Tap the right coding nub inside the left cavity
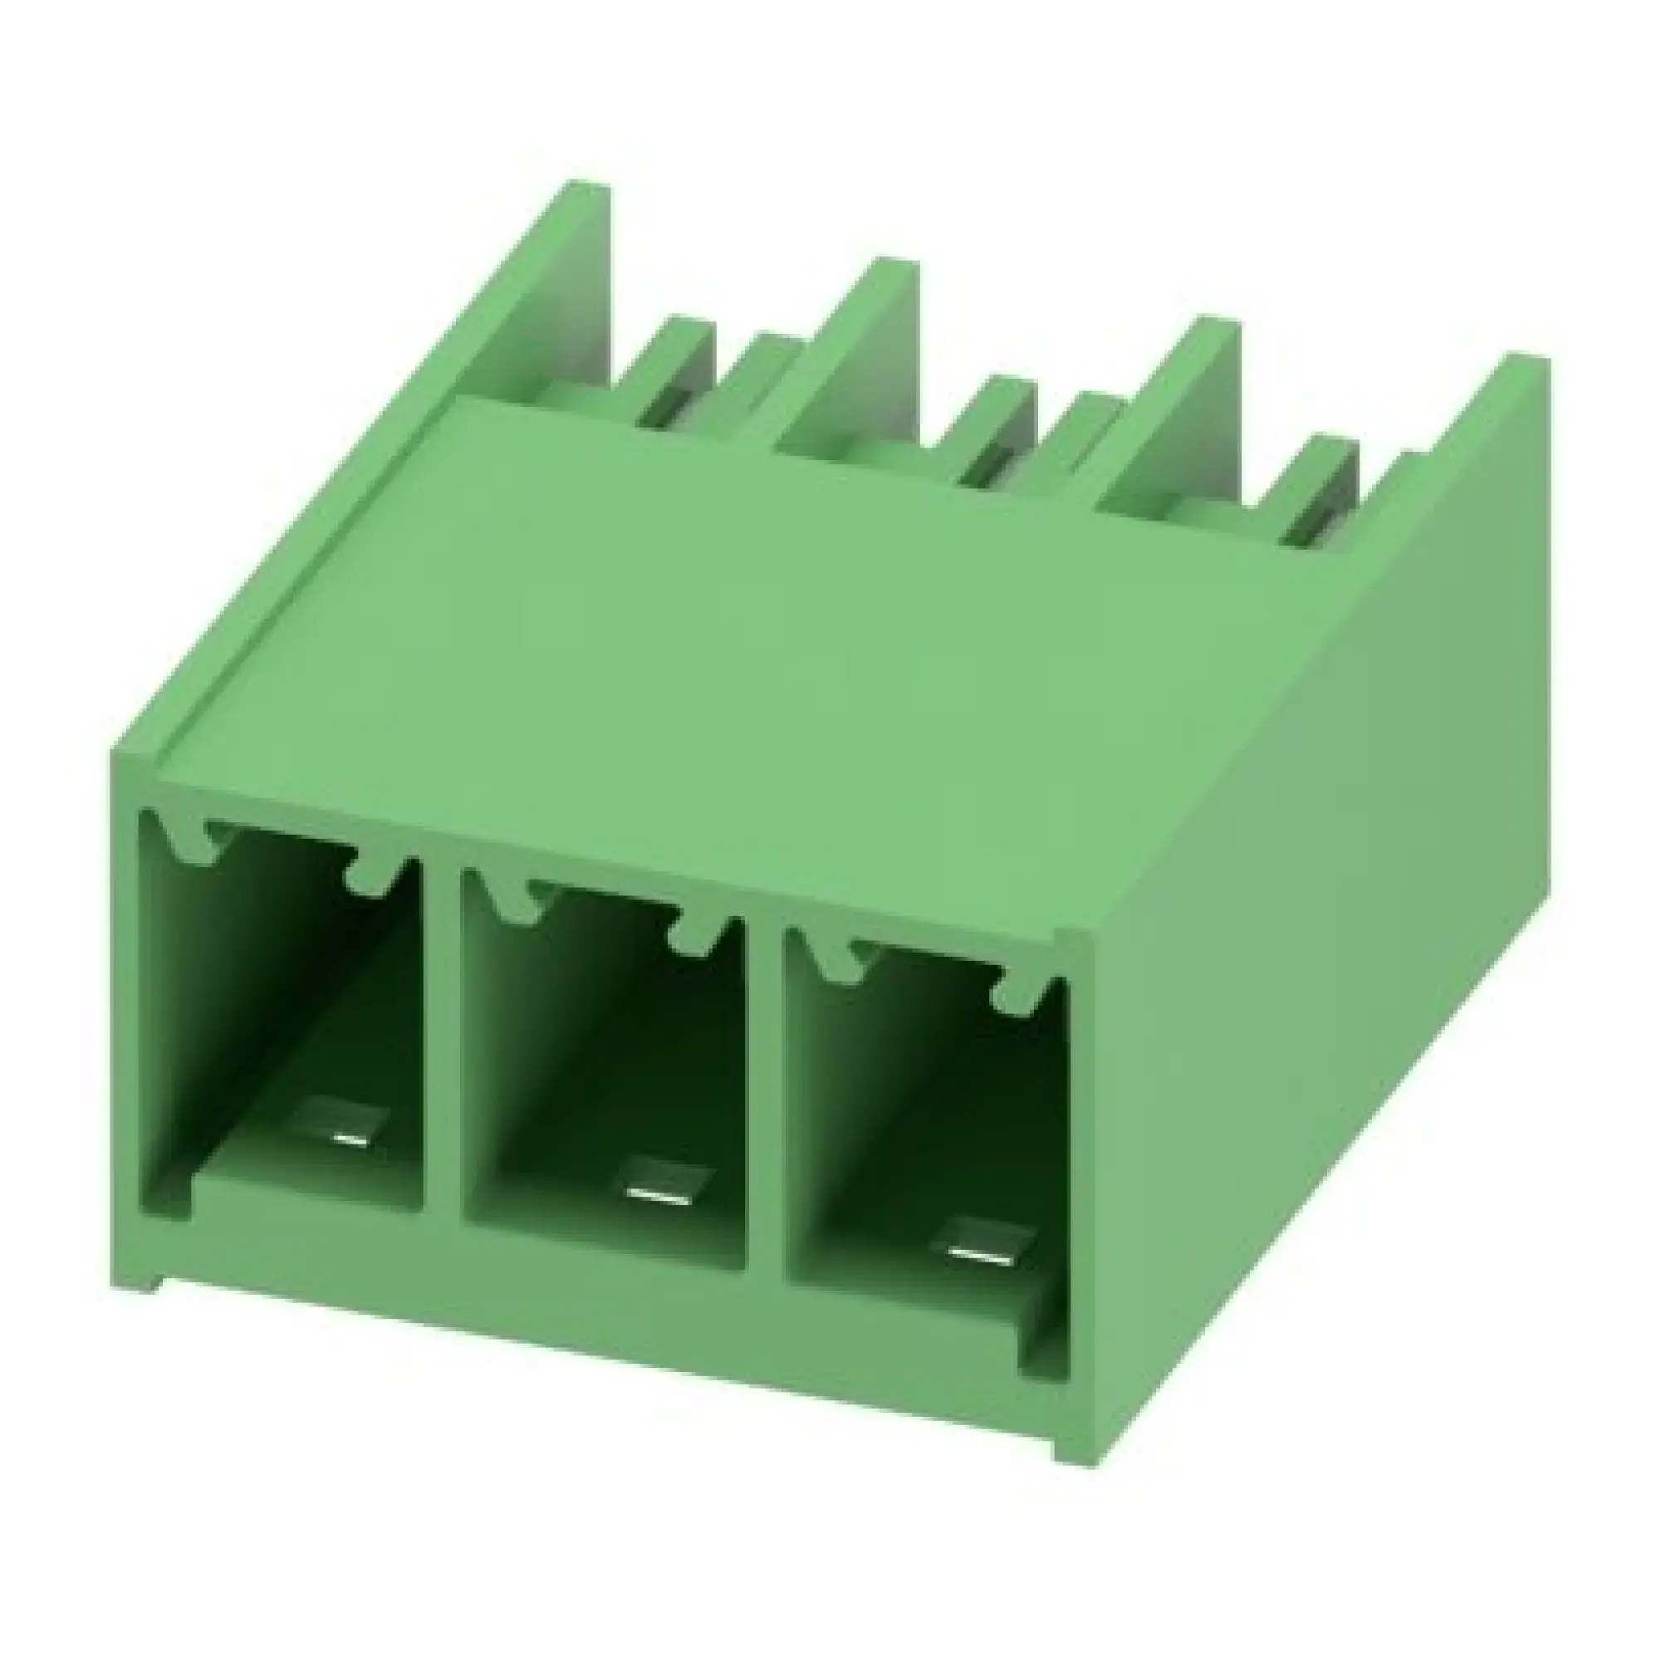[x=371, y=877]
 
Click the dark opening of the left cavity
[x=258, y=988]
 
